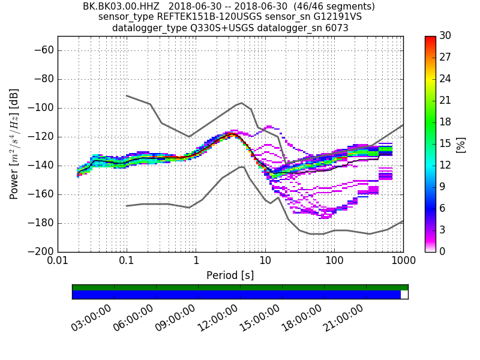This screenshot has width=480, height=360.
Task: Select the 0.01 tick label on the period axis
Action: (x=58, y=262)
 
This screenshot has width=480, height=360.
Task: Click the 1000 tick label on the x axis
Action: (x=403, y=262)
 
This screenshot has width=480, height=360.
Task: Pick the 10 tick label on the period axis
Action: (x=265, y=262)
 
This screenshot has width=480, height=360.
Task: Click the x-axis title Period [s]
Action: (x=230, y=275)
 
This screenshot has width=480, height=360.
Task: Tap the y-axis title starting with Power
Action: (x=14, y=144)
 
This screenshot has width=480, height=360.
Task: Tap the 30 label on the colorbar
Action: (x=446, y=36)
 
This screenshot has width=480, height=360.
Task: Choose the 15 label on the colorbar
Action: (x=446, y=144)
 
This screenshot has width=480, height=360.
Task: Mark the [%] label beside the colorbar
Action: (x=461, y=144)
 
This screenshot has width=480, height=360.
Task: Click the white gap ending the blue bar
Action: (x=404, y=295)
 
